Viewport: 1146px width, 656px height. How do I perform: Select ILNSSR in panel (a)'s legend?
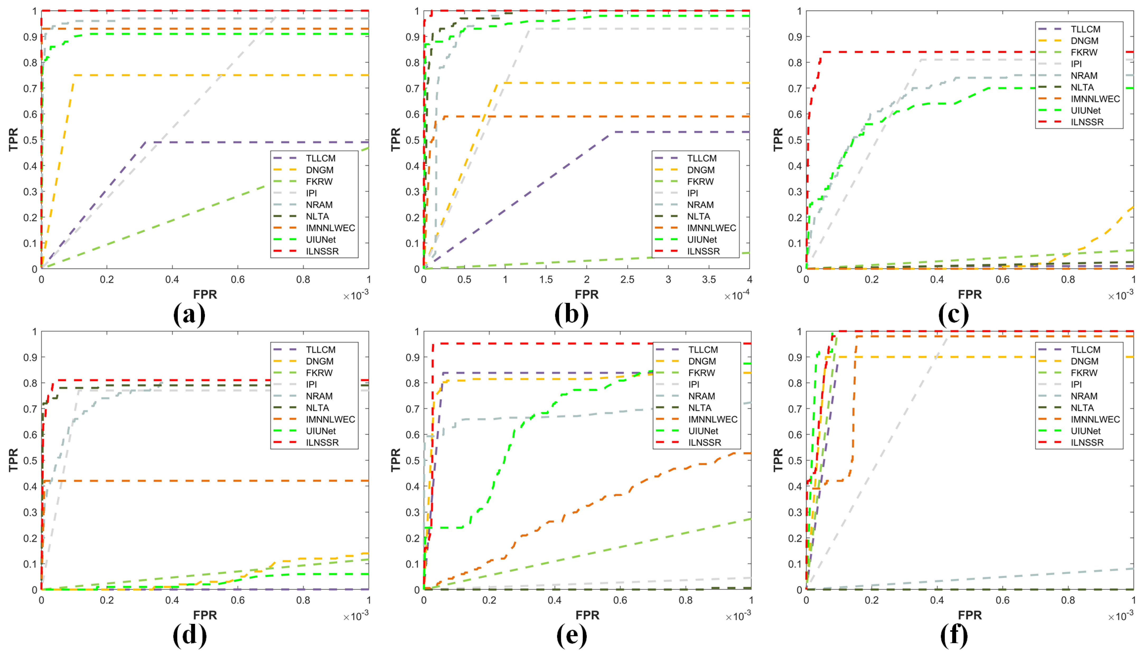coord(322,251)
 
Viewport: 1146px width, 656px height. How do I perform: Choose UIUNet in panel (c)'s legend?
coord(1086,110)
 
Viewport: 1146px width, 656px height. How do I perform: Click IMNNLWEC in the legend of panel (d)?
coord(330,420)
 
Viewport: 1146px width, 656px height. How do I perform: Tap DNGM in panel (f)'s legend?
coord(1084,361)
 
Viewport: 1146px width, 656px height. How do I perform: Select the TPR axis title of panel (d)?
coord(13,460)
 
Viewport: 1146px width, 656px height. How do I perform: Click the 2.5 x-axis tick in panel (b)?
coord(627,280)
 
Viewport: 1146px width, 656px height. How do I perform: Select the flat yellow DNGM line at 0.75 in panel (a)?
coord(225,75)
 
